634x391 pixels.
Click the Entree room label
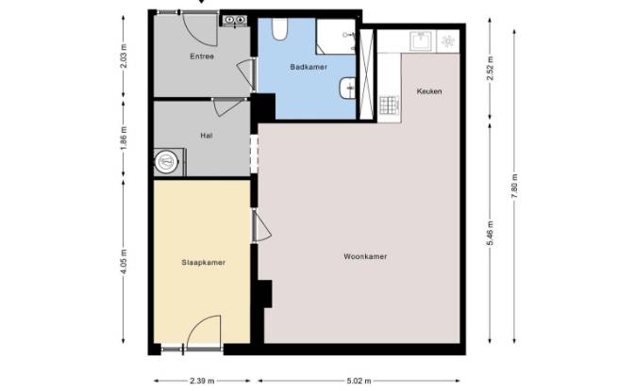202,57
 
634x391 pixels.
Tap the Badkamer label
309,67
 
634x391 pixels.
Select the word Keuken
429,91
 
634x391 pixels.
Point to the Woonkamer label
365,256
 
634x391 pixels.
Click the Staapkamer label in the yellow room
204,263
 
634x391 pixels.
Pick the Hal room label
207,136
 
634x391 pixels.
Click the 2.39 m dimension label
202,381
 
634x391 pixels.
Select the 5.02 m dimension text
359,381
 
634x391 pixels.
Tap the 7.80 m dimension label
514,187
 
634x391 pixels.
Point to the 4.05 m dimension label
124,261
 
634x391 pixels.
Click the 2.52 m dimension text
490,68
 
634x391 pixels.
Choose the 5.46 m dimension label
490,233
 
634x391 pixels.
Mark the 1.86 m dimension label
124,138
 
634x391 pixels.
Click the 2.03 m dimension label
124,56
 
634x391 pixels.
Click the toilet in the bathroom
279,29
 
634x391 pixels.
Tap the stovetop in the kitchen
390,105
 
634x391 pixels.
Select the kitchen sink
423,41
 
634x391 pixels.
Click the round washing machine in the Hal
165,162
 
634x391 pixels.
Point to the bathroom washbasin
348,88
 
